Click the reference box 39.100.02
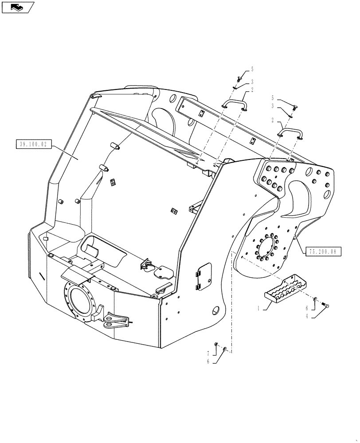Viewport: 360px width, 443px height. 34,144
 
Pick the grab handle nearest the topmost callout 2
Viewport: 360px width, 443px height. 235,105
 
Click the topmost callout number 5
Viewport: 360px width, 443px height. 252,69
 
